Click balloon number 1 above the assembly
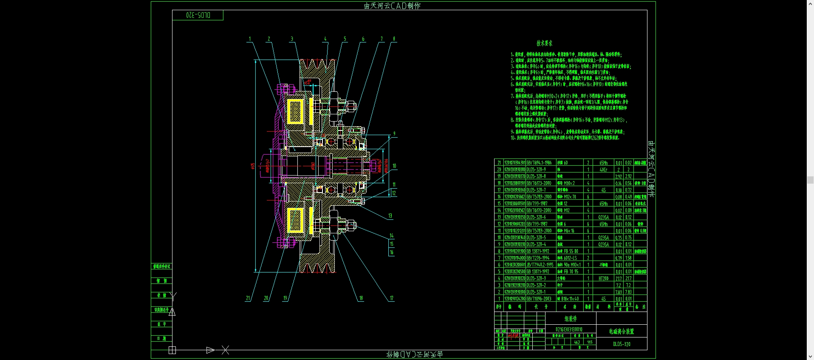250,39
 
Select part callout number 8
394,39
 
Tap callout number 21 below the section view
248,298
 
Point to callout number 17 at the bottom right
392,298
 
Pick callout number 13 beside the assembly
390,216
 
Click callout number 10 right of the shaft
394,166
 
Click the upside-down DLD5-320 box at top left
198,15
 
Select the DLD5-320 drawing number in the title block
622,344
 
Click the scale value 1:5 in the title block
590,342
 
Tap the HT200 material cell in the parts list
603,278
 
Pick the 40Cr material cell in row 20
603,170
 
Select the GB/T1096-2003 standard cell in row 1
539,299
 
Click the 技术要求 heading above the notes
544,43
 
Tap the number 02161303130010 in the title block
569,329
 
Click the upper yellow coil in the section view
295,111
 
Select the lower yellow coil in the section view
295,221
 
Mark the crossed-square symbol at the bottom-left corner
172,350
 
